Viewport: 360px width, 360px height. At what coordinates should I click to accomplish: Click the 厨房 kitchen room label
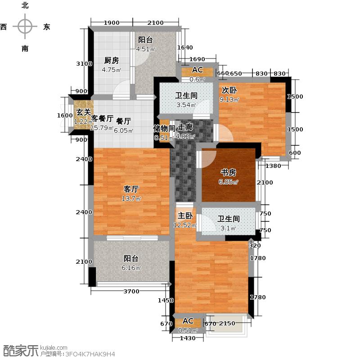click(x=112, y=60)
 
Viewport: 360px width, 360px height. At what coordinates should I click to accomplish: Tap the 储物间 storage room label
click(x=164, y=128)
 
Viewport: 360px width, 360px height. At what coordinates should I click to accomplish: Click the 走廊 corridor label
click(x=186, y=128)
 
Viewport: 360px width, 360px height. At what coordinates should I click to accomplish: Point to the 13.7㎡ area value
click(x=132, y=198)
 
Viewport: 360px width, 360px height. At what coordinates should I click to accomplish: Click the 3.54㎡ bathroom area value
click(x=185, y=105)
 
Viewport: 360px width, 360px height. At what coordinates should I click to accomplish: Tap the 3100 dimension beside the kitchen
click(x=84, y=64)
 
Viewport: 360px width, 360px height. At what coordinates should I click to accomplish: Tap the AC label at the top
click(x=197, y=70)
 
